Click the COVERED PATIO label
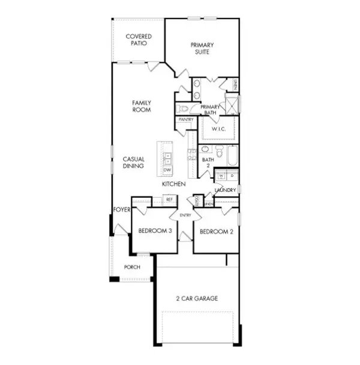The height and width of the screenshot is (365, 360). pos(139,40)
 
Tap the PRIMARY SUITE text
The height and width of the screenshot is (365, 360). pos(202,49)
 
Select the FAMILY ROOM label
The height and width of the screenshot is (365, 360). pos(142,106)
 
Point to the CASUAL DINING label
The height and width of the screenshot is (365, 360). pos(133,162)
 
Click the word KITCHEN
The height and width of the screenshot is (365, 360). pos(173,184)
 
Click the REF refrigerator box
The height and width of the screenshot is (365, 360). pos(169,199)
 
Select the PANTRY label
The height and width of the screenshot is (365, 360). pos(186,119)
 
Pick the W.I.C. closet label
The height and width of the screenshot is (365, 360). pos(218,129)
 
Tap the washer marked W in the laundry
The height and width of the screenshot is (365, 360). pos(221,176)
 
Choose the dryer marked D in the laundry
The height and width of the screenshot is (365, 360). pos(232,176)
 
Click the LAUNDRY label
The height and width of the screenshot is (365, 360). pos(226,190)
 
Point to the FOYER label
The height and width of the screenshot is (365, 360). pos(122,210)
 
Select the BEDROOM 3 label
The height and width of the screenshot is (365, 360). pos(155,231)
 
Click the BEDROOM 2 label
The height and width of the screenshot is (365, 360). pos(216,231)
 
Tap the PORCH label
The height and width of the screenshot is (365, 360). pos(132,267)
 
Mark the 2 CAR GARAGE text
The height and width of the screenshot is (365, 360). pos(197,298)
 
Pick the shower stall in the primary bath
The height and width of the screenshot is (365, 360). pos(232,105)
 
